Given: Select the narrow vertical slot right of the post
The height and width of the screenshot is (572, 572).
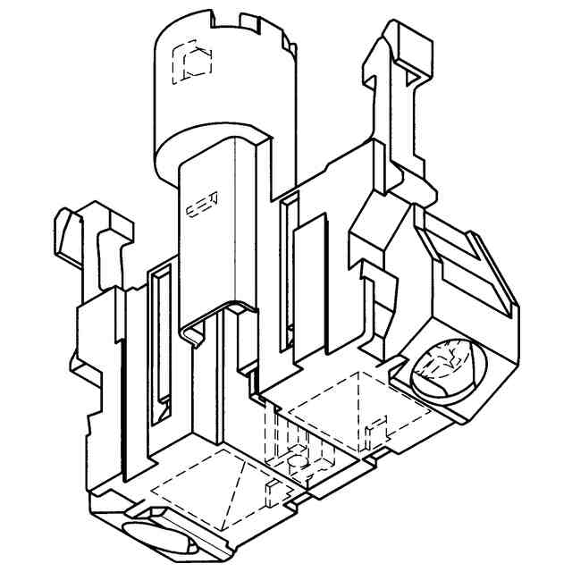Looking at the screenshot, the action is pos(287,268).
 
